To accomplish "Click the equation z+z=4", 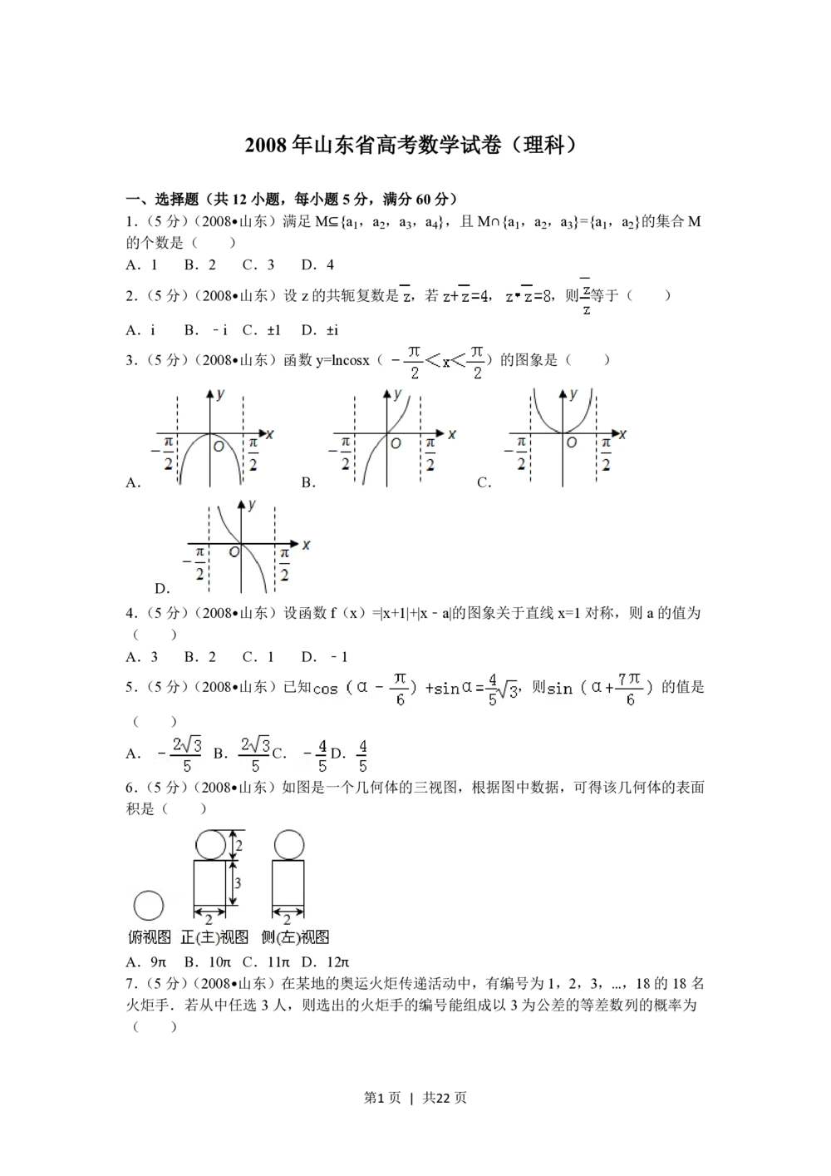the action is (465, 295).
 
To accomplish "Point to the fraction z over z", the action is (586, 297).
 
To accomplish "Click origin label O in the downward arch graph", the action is (219, 447).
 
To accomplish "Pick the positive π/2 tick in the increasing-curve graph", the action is (430, 454).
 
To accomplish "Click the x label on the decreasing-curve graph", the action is (306, 545).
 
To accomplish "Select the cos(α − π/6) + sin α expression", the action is (412, 688).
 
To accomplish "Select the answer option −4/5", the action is (314, 755).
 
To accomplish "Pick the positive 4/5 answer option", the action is (362, 755).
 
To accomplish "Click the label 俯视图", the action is (150, 937).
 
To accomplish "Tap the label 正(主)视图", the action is (214, 937).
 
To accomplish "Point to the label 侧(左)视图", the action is (295, 937).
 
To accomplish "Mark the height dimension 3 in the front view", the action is (238, 882).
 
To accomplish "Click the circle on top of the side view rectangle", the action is (288, 844).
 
